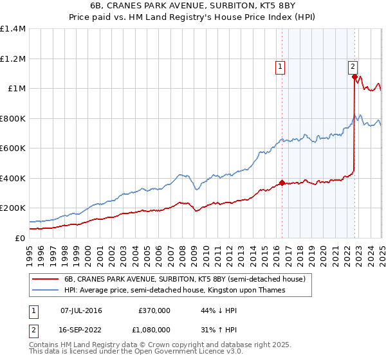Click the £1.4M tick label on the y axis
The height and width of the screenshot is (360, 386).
pos(13,29)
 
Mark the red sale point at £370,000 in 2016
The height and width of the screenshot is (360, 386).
pos(282,183)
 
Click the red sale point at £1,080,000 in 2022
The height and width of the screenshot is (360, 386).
pos(354,76)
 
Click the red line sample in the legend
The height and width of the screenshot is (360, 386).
pos(45,279)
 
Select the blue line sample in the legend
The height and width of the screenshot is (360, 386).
pos(45,290)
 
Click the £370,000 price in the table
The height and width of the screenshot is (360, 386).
pos(154,310)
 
